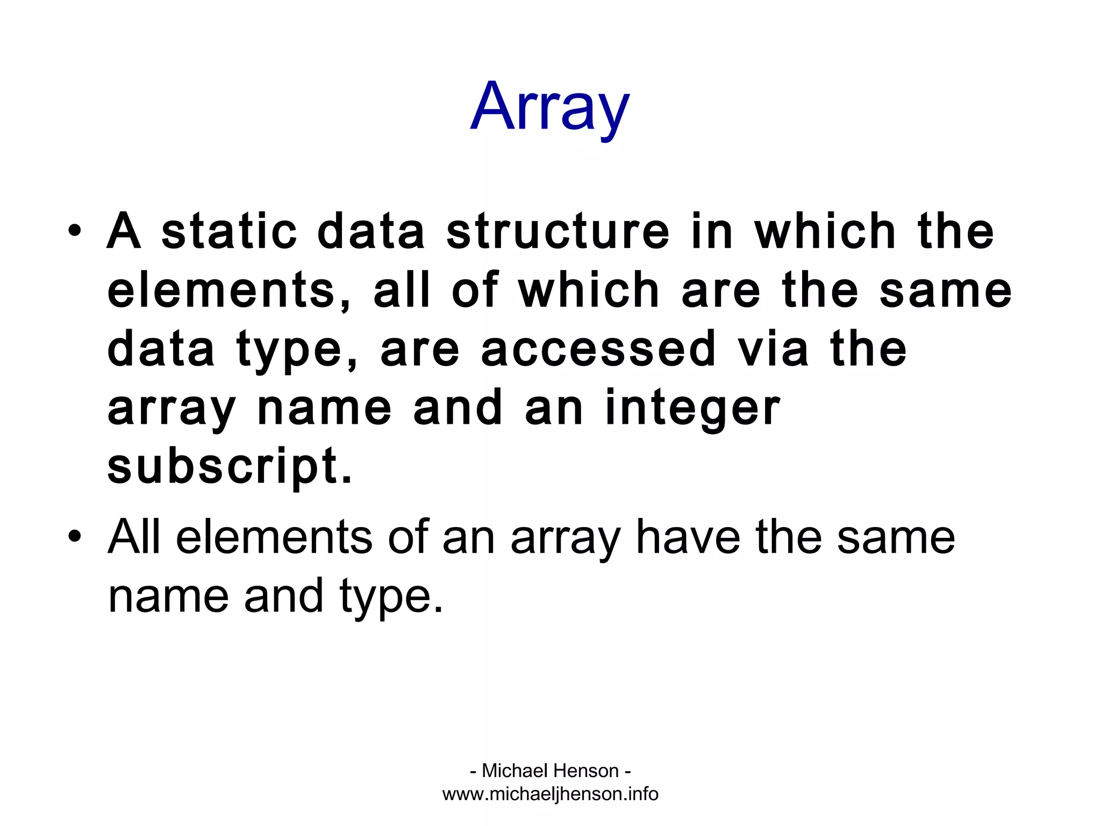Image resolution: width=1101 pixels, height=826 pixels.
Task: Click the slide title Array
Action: click(x=549, y=108)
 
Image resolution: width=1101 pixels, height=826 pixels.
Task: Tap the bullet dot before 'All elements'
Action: click(x=75, y=536)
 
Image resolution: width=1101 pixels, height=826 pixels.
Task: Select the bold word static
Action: click(x=229, y=232)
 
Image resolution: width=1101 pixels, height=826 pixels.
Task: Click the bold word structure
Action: click(x=558, y=232)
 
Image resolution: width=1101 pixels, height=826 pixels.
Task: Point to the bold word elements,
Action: click(x=229, y=291)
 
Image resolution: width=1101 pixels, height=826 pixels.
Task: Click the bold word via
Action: click(x=773, y=350)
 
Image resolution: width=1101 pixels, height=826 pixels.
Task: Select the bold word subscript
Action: click(x=229, y=468)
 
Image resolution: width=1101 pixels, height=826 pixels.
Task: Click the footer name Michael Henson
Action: click(x=550, y=771)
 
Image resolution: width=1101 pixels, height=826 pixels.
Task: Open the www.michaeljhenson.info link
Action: click(x=550, y=794)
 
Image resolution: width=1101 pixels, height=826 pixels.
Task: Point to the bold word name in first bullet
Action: click(x=325, y=409)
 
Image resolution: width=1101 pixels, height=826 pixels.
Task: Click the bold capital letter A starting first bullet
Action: click(x=124, y=232)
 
